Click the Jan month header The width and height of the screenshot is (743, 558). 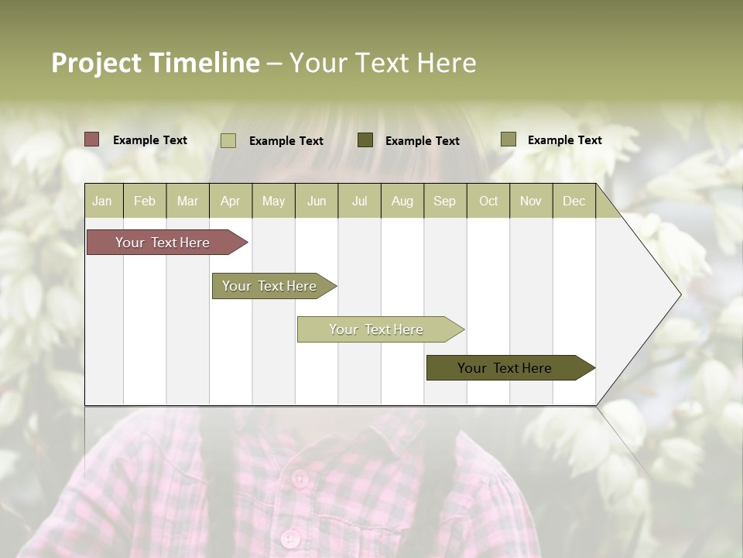[x=103, y=201]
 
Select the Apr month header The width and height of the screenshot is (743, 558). [x=231, y=201]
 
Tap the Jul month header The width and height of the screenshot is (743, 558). [x=360, y=201]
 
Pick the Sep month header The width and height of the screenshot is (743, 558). [x=445, y=201]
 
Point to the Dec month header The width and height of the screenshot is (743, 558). [x=574, y=201]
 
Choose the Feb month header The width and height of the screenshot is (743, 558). [x=145, y=201]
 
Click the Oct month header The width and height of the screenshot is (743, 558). [x=488, y=201]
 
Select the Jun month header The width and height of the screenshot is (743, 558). [x=317, y=201]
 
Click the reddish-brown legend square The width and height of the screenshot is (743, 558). [x=92, y=139]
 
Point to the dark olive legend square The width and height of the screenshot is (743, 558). [x=365, y=139]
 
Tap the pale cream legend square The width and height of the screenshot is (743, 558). [x=228, y=140]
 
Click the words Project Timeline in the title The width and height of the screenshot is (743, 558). [x=156, y=63]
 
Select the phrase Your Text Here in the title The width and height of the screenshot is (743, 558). [x=383, y=63]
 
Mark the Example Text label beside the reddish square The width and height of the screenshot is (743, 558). [x=150, y=140]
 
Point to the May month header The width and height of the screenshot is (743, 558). [x=273, y=201]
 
